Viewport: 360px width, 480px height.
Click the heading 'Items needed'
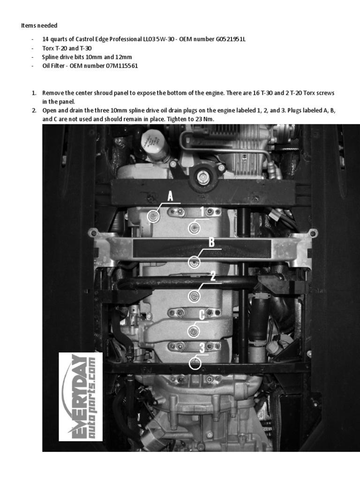pos(39,25)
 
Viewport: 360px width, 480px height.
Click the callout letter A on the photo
pos(170,196)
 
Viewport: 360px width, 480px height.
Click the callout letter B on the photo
pos(211,242)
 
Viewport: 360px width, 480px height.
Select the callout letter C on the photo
pos(202,315)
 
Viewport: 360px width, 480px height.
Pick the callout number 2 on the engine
pos(212,276)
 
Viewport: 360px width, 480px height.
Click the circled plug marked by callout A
pos(153,216)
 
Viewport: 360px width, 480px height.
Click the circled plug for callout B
pos(195,262)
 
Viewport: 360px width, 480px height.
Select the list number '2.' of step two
pos(34,111)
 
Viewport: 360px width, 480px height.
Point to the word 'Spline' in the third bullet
pos(51,57)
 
